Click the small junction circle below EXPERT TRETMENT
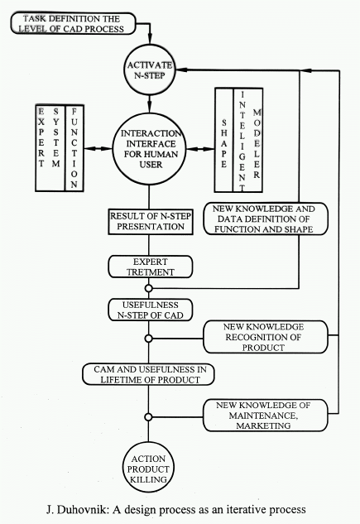coord(149,288)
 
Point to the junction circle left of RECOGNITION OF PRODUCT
coord(149,339)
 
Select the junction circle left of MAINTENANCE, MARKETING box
coord(149,417)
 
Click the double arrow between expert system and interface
coord(98,149)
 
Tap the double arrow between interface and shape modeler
coord(200,149)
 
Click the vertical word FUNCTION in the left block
coord(74,148)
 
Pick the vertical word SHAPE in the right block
coord(223,143)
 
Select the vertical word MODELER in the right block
coord(257,144)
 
